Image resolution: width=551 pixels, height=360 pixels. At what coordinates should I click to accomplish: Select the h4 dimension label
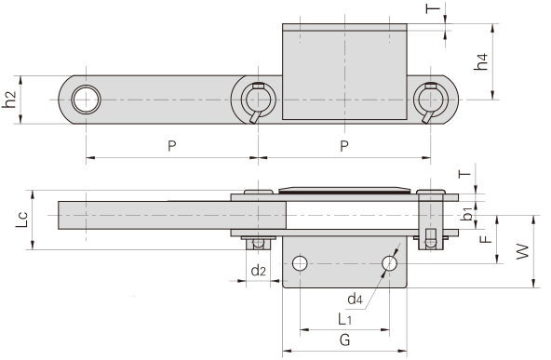tap(480, 62)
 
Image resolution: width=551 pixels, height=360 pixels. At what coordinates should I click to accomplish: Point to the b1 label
tap(468, 213)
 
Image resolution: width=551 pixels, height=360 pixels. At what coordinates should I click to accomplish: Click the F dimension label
tap(484, 238)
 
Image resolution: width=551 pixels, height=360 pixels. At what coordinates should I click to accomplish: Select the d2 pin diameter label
tap(259, 271)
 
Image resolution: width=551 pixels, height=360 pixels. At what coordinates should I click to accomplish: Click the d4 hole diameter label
tap(355, 299)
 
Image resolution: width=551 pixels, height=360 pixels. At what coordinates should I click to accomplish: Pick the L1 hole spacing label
tap(343, 318)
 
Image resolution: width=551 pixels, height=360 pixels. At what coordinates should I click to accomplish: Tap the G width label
tap(343, 340)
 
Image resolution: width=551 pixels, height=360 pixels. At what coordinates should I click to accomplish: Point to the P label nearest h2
tap(170, 146)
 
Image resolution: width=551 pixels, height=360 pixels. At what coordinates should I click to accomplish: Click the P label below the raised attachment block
tap(343, 146)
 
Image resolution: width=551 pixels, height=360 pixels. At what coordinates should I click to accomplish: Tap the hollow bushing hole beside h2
tap(86, 99)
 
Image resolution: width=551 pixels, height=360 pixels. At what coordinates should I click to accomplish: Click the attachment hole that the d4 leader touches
tap(389, 264)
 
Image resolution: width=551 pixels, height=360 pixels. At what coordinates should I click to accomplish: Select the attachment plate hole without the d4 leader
tap(299, 264)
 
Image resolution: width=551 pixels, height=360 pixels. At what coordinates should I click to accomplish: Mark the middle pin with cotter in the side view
tap(256, 99)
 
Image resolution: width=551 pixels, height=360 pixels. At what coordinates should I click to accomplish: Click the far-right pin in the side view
tap(430, 99)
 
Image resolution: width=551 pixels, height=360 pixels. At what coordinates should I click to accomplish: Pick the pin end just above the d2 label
tap(258, 243)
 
